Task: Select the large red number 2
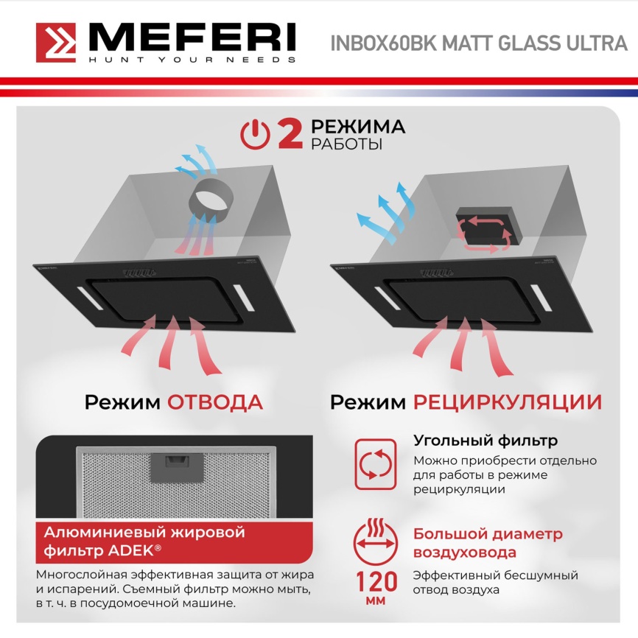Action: [289, 134]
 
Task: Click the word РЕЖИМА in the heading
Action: [357, 126]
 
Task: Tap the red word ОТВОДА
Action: [214, 402]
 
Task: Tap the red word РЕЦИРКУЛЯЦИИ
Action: [507, 402]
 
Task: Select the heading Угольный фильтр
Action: [485, 441]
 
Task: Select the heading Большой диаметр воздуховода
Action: [487, 543]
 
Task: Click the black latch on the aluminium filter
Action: [176, 464]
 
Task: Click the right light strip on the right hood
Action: [541, 296]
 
